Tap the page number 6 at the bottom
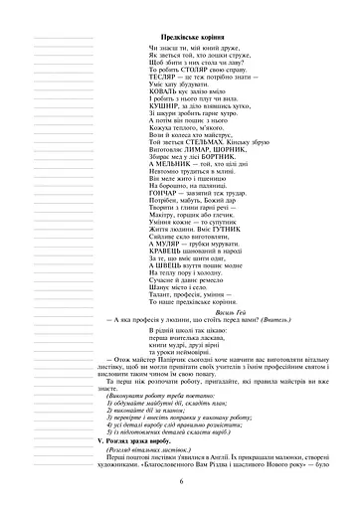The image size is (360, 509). [x=182, y=480]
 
